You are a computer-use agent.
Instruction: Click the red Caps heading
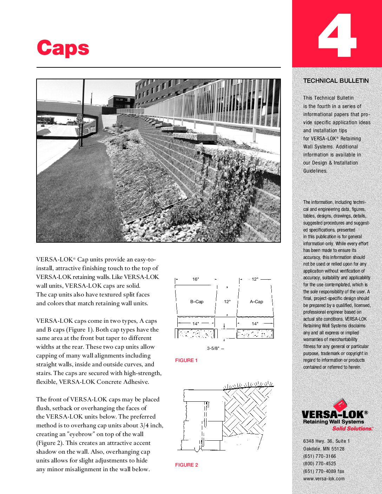pos(63,48)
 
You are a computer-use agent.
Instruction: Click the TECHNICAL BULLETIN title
pos(336,81)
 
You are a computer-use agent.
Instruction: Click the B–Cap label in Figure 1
pos(197,302)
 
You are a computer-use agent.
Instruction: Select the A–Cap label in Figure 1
pos(256,302)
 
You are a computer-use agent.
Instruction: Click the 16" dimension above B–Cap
pos(196,279)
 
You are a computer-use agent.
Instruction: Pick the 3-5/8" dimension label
pos(213,348)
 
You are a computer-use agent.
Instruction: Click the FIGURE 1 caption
pos(186,360)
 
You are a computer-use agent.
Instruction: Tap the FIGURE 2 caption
pos(186,465)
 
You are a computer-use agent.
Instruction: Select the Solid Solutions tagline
pos(352,428)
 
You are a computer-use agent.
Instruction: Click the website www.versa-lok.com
pos(324,479)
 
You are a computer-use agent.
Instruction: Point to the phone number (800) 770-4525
pos(320,463)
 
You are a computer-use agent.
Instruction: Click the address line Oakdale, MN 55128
pos(324,449)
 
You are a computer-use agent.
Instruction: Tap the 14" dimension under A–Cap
pos(255,324)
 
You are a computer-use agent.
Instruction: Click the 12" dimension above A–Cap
pos(255,279)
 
